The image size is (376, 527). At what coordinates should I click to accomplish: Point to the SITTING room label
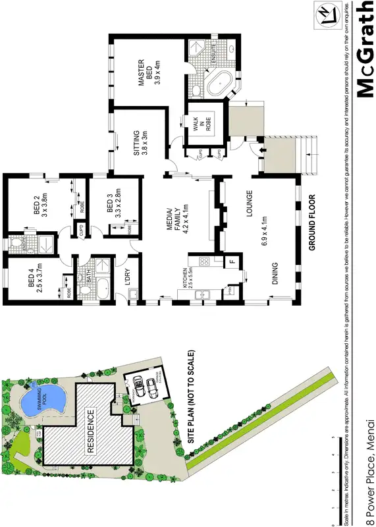pyautogui.click(x=138, y=142)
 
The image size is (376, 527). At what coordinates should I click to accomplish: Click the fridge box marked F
pyautogui.click(x=231, y=263)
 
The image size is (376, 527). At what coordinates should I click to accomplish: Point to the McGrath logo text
pyautogui.click(x=363, y=49)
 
